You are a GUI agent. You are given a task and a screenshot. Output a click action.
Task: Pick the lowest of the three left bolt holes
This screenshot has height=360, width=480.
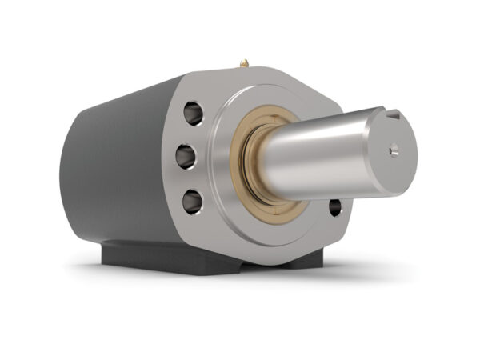(192, 200)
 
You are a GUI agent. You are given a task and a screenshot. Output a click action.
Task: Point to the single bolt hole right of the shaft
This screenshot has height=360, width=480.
(334, 208)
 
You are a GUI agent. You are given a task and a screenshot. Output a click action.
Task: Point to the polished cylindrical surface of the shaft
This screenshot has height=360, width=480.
(320, 160)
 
